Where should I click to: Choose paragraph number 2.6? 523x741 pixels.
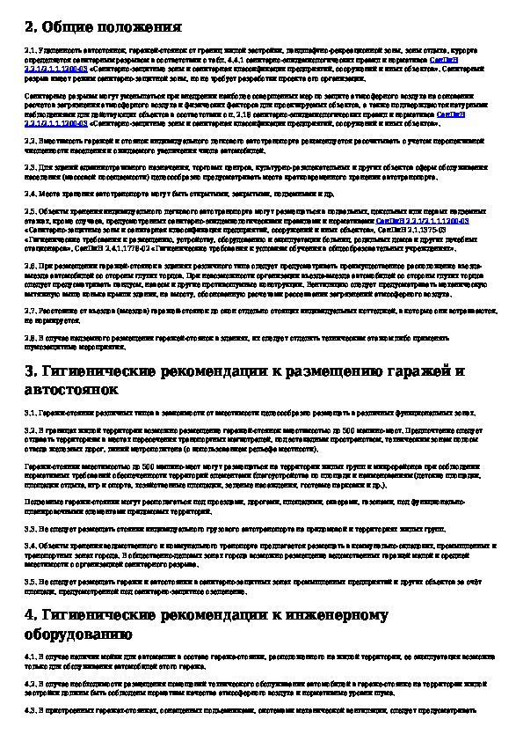point(31,264)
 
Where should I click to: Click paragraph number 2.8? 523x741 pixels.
point(31,335)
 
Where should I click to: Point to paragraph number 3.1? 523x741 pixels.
point(31,412)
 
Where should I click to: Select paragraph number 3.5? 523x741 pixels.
point(31,582)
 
